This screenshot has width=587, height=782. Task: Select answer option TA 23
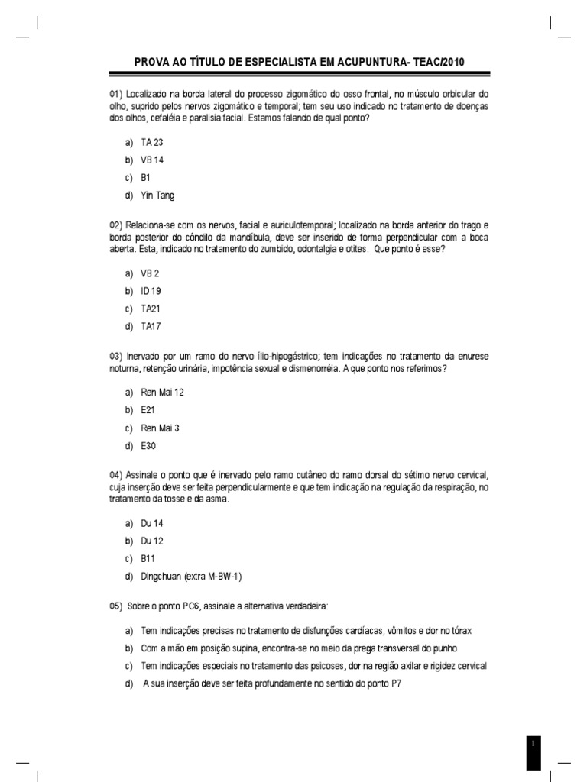coord(152,143)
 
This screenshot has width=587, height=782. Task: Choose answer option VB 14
coord(152,160)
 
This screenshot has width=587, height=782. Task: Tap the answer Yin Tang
coord(157,195)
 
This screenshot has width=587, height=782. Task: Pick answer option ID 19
coord(151,291)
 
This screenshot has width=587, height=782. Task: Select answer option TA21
coord(151,309)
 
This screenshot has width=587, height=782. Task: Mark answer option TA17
coord(151,326)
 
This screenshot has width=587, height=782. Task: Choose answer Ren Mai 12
coord(162,392)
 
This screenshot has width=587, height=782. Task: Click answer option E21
coord(148,410)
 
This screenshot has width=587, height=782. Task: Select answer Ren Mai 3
coord(160,428)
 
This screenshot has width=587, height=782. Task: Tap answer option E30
coord(148,446)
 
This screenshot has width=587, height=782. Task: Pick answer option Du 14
coord(152,523)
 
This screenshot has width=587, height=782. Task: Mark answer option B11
coord(148,558)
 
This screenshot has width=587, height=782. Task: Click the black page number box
coord(533,751)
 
